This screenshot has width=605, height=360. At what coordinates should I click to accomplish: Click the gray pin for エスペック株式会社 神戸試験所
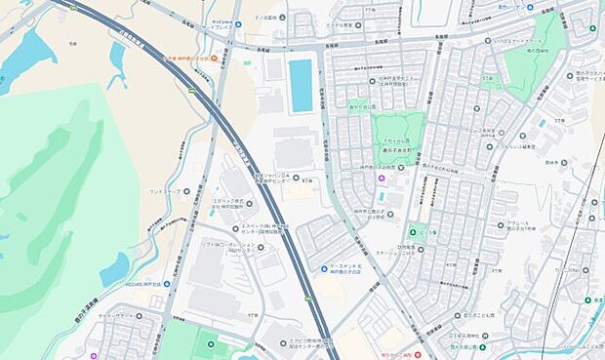click(x=248, y=204)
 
